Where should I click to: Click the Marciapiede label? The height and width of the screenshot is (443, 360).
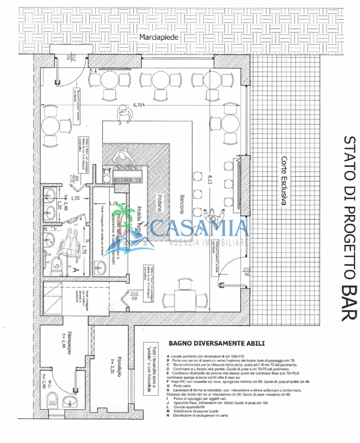[159, 37]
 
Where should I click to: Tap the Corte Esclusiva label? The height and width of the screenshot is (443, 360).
[284, 181]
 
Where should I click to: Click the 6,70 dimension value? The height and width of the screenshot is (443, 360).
[138, 105]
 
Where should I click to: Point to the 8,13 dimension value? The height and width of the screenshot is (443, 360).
[210, 179]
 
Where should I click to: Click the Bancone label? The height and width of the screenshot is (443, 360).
[182, 204]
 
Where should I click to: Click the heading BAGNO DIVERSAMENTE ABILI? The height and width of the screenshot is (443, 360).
[216, 343]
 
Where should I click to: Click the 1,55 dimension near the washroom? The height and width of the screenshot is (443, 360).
[75, 198]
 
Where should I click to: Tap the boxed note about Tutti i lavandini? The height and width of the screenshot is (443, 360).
[151, 369]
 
